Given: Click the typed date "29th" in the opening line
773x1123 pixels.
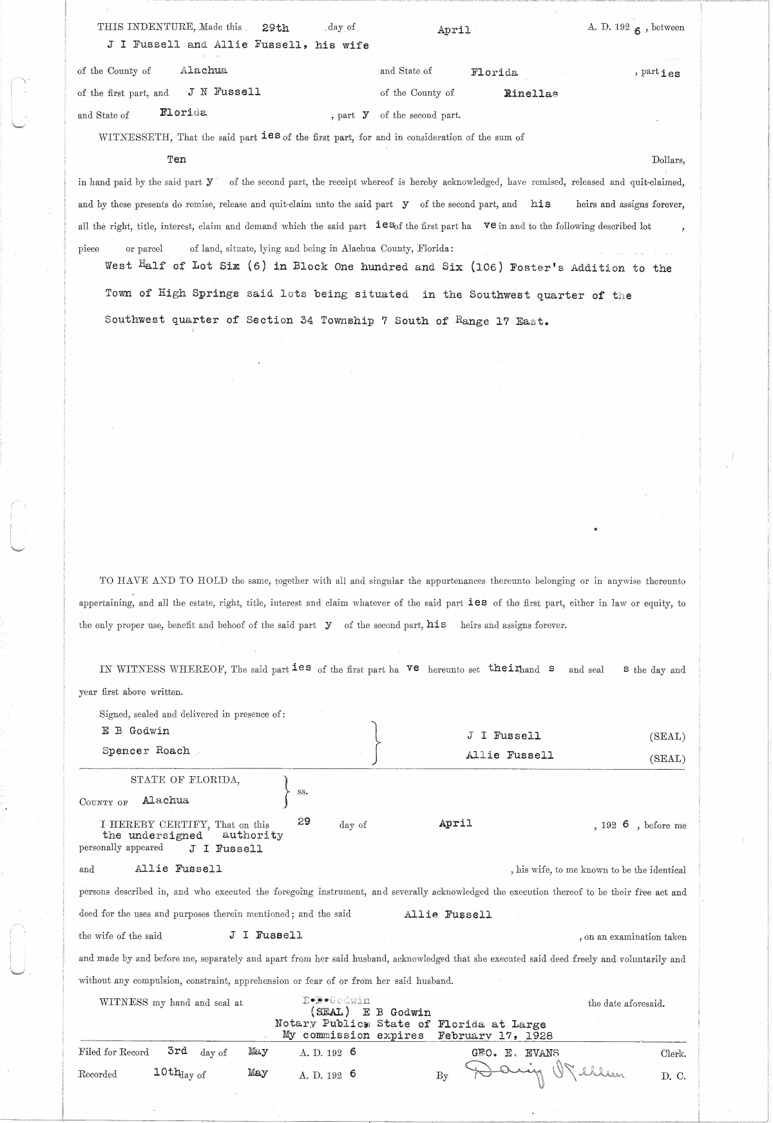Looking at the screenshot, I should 276,28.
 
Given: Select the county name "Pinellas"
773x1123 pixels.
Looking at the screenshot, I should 531,94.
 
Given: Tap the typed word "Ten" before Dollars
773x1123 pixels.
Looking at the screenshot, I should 177,160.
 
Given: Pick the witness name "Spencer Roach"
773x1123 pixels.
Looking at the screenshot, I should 146,751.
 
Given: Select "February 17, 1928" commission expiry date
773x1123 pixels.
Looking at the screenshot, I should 495,1036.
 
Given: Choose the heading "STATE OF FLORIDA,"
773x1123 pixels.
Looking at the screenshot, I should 186,780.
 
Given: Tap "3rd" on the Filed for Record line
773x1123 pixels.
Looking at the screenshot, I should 177,1051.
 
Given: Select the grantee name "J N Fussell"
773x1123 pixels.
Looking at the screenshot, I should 224,92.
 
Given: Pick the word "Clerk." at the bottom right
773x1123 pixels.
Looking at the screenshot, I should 673,1054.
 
